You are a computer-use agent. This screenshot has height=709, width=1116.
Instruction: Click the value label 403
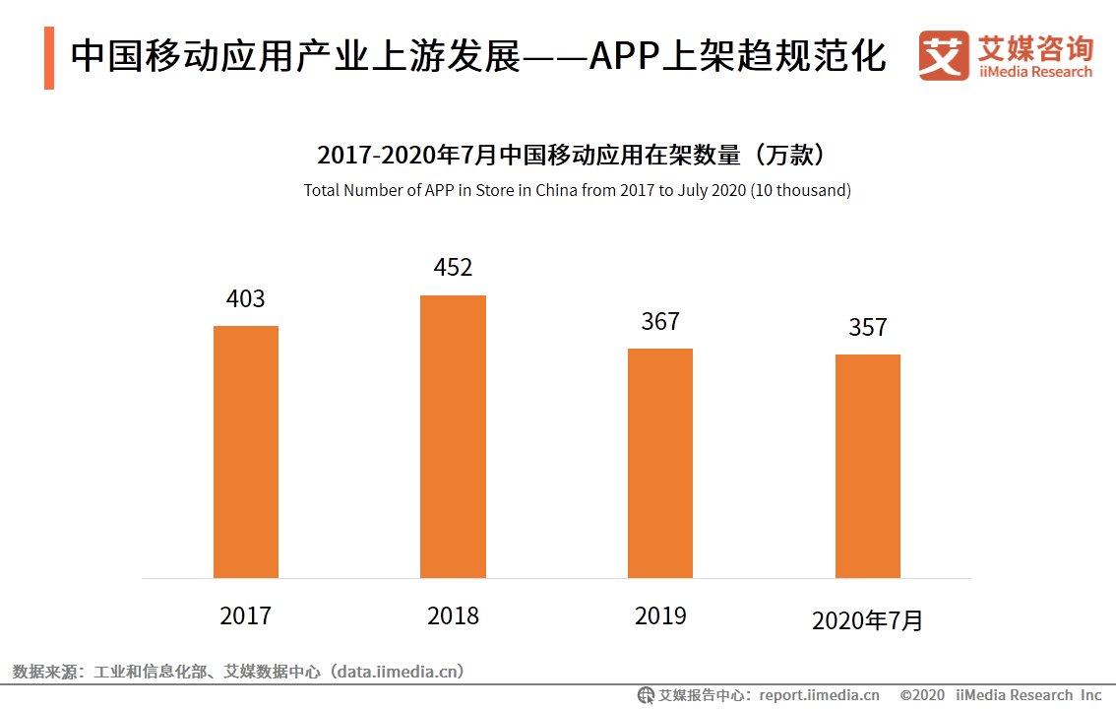point(246,299)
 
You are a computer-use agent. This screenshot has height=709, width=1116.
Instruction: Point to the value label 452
point(453,268)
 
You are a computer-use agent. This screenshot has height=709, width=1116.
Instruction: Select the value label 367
point(660,322)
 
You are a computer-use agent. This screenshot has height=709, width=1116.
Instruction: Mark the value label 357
point(868,328)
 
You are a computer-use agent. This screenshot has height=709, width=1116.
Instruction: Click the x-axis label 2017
point(246,616)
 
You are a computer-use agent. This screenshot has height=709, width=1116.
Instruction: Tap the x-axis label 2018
point(453,616)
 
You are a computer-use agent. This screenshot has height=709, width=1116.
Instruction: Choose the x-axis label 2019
point(660,616)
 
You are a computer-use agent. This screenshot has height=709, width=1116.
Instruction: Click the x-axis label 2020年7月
point(868,620)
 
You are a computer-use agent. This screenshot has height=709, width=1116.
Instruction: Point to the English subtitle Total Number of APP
point(577,190)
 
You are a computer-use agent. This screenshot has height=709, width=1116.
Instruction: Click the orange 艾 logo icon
point(944,56)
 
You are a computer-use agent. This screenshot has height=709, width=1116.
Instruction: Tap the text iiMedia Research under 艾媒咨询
point(1035,72)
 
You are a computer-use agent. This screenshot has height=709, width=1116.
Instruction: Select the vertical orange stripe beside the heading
point(49,58)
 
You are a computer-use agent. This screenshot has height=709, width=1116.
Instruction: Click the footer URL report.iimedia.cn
point(819,695)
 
